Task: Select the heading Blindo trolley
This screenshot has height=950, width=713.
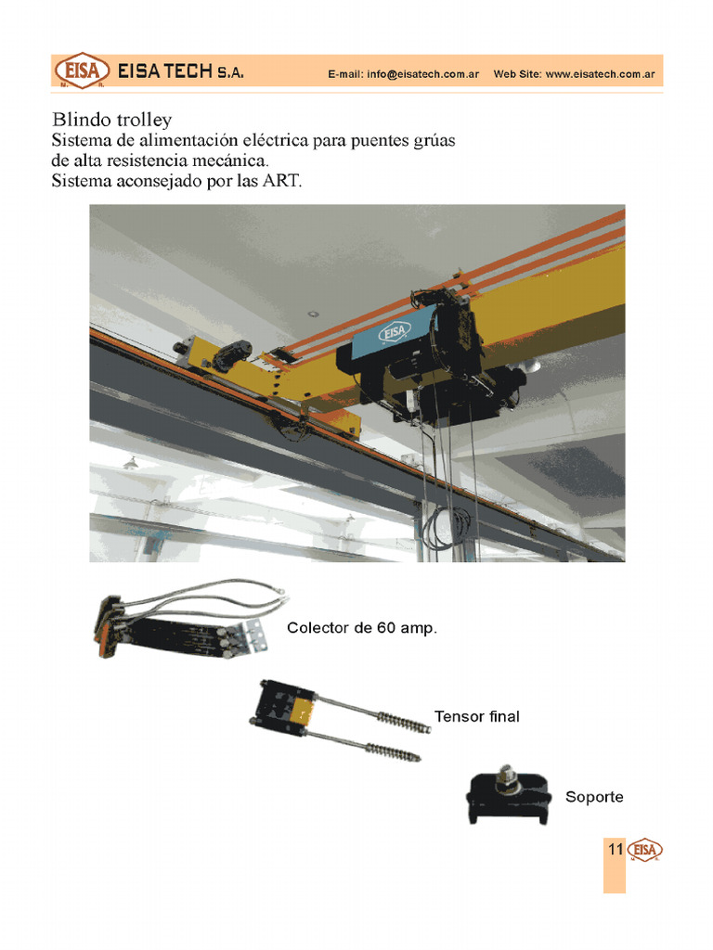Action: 111,120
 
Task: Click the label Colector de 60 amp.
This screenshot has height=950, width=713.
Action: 361,628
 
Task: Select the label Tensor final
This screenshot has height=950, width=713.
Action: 476,717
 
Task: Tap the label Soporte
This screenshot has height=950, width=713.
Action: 594,797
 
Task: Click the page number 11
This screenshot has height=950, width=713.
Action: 615,850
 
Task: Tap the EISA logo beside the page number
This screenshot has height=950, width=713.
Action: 645,851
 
